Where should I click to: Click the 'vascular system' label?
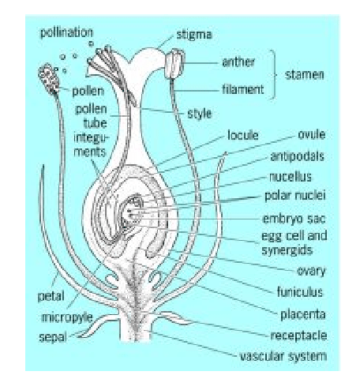(283, 356)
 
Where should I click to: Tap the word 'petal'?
(51, 298)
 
